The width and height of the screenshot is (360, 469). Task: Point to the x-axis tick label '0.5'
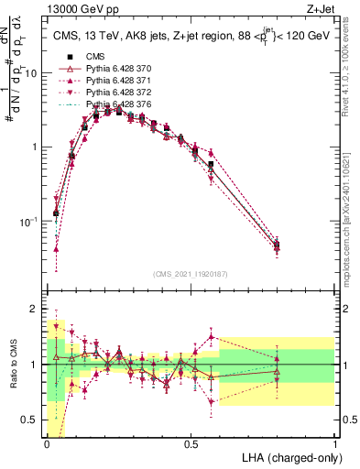pyautogui.click(x=191, y=444)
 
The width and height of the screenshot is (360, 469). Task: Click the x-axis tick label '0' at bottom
pyautogui.click(x=47, y=444)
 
